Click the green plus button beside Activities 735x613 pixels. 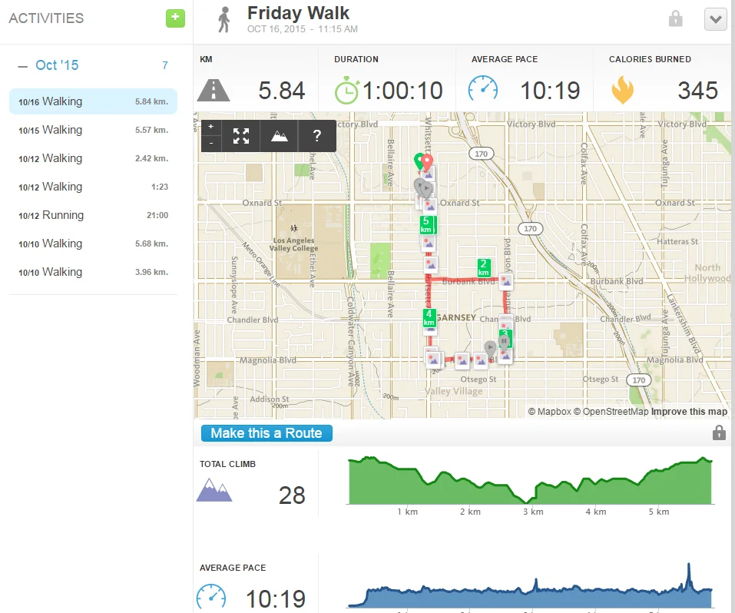click(175, 18)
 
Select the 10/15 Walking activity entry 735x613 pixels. click(93, 130)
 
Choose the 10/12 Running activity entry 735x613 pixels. click(93, 215)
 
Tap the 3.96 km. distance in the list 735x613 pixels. click(151, 272)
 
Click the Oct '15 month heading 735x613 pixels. click(57, 65)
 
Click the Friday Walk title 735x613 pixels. click(298, 13)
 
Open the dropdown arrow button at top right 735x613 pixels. click(715, 19)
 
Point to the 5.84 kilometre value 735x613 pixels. click(281, 91)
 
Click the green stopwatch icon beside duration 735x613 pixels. click(346, 90)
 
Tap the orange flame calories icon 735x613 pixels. click(622, 90)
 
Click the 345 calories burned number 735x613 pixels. click(697, 91)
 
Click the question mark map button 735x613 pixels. click(316, 136)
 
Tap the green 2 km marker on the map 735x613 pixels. click(483, 267)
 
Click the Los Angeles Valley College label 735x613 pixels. click(294, 244)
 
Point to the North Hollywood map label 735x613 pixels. click(707, 273)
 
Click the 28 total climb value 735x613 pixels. click(292, 495)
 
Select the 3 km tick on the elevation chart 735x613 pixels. click(533, 512)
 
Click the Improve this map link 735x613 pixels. click(689, 412)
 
